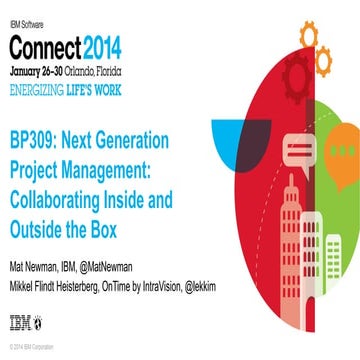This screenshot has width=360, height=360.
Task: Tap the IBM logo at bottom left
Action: click(x=20, y=322)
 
